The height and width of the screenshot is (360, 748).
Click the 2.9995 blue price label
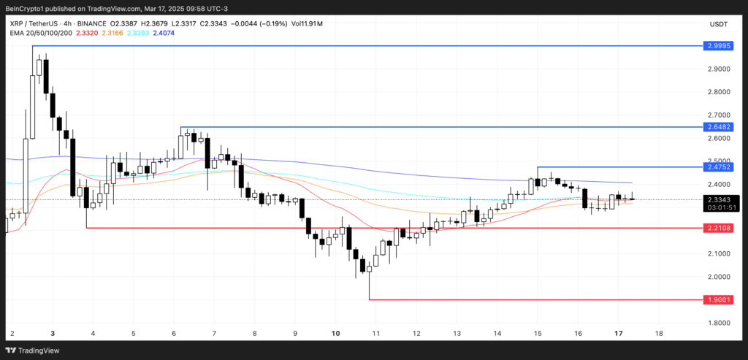(x=718, y=45)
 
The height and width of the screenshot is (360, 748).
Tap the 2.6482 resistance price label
(x=718, y=127)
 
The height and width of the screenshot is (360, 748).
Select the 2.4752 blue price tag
(x=718, y=167)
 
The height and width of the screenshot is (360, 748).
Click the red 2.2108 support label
(x=718, y=228)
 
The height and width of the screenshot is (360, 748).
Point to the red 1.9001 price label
(x=718, y=299)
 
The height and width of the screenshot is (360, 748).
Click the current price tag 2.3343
(x=718, y=199)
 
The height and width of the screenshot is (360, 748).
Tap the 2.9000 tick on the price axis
(x=718, y=69)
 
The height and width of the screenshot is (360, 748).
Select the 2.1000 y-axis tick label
(x=718, y=253)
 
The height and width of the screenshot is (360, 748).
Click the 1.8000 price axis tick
(x=718, y=323)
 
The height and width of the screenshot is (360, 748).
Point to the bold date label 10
(x=335, y=334)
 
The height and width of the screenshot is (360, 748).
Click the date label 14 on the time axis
(x=497, y=334)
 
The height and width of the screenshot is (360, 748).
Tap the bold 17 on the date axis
(x=618, y=334)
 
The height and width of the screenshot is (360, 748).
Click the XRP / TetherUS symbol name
(x=33, y=23)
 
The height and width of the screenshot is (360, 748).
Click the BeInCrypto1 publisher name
(x=28, y=7)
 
